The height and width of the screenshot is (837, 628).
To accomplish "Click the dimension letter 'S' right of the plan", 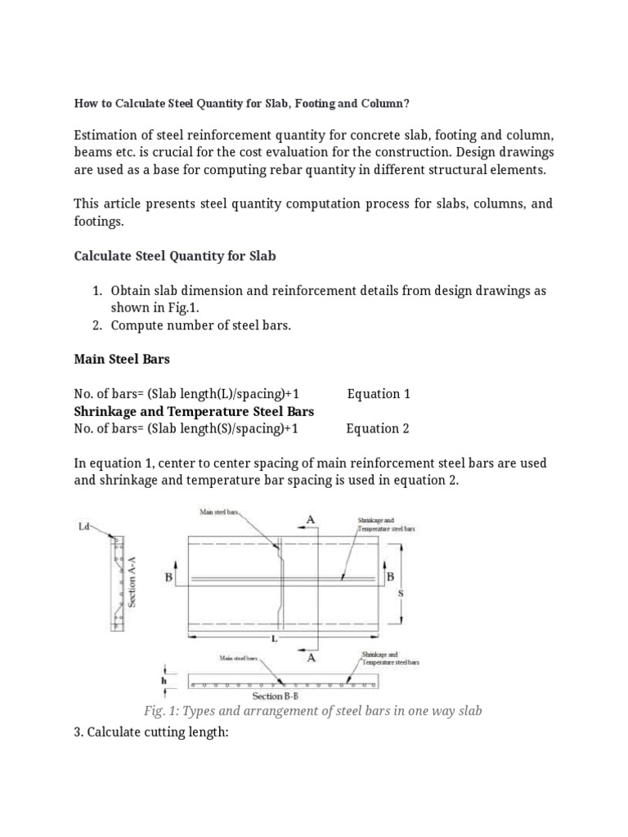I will (401, 594).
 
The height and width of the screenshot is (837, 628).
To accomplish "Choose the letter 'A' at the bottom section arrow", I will (311, 656).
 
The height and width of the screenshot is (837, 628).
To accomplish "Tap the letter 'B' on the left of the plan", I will (169, 577).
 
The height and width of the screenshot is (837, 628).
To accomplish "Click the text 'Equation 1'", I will (379, 394).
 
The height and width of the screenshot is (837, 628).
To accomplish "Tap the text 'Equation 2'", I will (378, 428).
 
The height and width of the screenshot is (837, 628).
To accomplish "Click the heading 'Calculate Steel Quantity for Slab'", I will (175, 256).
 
